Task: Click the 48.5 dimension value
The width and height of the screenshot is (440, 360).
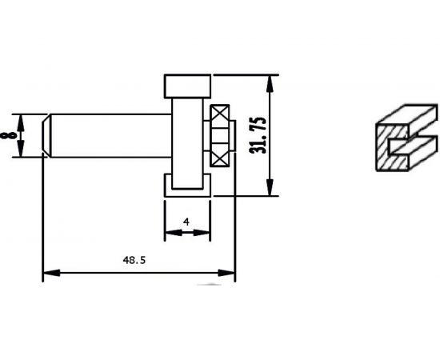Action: tap(134, 260)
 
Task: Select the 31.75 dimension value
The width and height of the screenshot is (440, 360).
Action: tap(258, 135)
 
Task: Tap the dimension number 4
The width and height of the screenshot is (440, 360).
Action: tap(186, 222)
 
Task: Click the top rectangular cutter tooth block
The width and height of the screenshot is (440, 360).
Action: tap(187, 86)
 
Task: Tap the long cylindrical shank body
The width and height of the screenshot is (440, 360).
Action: tap(111, 136)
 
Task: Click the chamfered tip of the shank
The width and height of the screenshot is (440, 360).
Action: tap(46, 136)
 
